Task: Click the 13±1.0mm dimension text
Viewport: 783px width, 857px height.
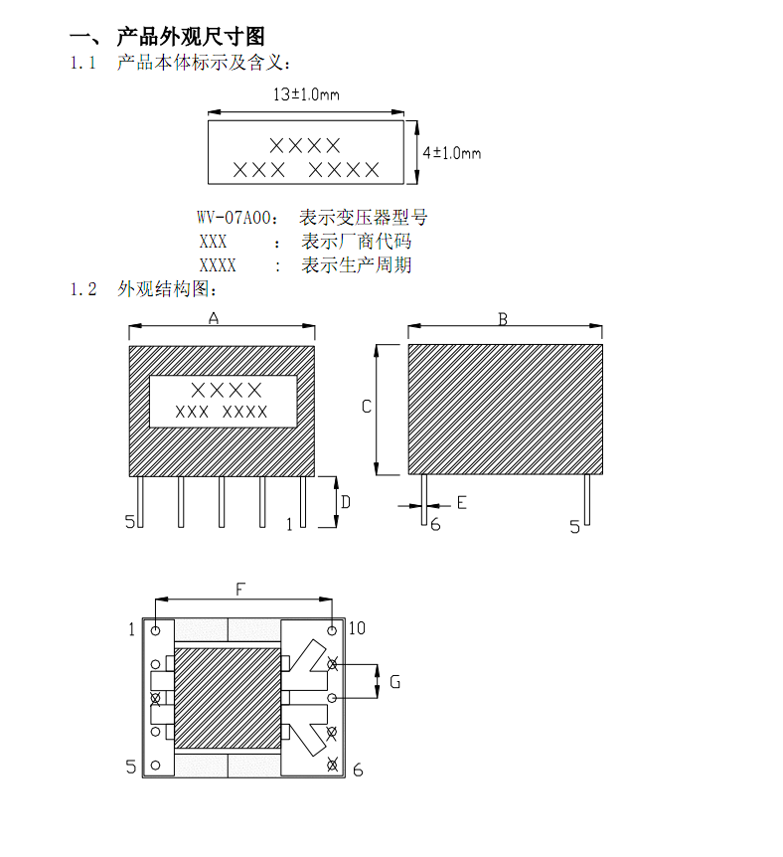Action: point(306,95)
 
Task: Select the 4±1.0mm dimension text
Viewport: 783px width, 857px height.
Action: point(451,153)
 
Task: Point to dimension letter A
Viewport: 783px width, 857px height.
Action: point(213,318)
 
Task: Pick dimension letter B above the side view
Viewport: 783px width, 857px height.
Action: point(503,319)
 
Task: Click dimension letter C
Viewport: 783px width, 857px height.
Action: point(366,407)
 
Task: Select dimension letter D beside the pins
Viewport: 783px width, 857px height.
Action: point(345,502)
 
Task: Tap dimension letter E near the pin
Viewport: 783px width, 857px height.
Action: point(461,503)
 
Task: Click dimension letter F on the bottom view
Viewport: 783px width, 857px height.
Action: point(240,590)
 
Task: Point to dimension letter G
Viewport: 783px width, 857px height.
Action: point(394,682)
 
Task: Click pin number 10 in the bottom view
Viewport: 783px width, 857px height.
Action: point(357,628)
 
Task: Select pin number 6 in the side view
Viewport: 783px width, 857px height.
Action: point(435,525)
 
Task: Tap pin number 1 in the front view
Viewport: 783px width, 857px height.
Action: point(289,524)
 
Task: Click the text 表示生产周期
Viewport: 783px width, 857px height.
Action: point(357,265)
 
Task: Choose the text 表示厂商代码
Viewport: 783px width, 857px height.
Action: point(357,242)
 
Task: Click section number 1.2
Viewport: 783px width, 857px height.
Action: point(83,289)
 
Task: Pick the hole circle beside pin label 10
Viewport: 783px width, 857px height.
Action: point(332,629)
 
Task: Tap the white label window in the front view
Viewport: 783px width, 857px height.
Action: point(224,401)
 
